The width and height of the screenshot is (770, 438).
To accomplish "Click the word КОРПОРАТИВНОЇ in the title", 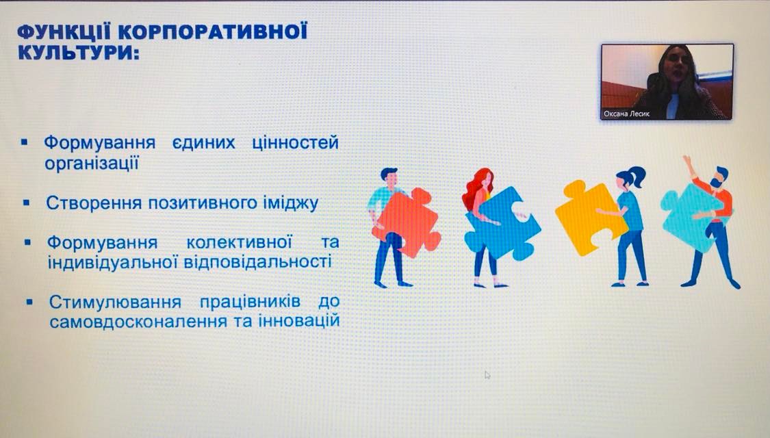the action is [x=213, y=32].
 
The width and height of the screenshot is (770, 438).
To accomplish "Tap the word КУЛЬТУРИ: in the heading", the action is [x=79, y=53].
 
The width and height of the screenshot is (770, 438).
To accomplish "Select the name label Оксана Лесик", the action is [x=626, y=114].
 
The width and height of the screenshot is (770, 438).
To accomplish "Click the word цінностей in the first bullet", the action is [x=295, y=143].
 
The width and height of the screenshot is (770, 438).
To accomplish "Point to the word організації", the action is [x=91, y=164].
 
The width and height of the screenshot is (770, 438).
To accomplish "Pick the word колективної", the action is [x=239, y=242].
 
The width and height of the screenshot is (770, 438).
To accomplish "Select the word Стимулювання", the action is [x=115, y=302].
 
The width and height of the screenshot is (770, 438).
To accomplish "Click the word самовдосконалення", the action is [x=131, y=322].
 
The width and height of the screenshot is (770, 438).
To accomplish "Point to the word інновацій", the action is [x=299, y=321].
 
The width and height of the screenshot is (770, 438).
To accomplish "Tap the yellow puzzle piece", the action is [x=589, y=216].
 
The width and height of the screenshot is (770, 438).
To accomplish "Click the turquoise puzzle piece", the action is [x=693, y=216].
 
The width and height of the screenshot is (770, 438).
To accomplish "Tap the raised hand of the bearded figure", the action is [x=687, y=161].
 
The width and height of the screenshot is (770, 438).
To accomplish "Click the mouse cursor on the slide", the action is [x=487, y=375].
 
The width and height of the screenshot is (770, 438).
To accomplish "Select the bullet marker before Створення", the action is [x=27, y=202].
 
